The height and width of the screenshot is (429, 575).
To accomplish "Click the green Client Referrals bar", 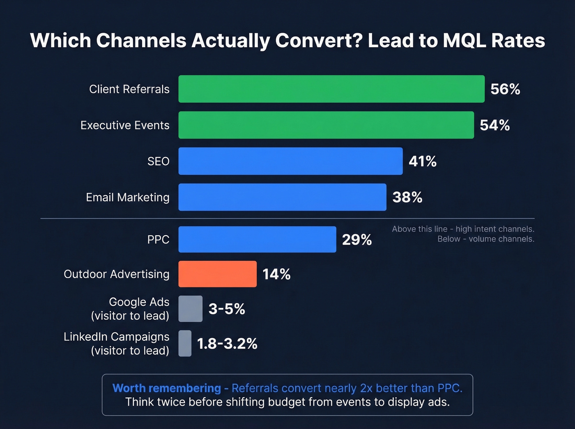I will pyautogui.click(x=331, y=89).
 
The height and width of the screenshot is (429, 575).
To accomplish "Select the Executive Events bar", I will pyautogui.click(x=326, y=125).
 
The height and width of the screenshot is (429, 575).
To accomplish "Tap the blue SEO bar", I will pyautogui.click(x=290, y=161).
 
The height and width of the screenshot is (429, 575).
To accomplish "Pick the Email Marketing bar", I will pyautogui.click(x=282, y=197).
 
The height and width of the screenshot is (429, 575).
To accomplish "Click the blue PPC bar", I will pyautogui.click(x=257, y=239).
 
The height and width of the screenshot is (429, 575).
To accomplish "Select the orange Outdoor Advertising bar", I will pyautogui.click(x=217, y=274).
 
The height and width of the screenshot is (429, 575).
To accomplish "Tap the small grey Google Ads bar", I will pyautogui.click(x=191, y=309).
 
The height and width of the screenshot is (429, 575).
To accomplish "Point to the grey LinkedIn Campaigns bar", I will pyautogui.click(x=185, y=343).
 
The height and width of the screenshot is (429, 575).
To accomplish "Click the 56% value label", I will pyautogui.click(x=505, y=89).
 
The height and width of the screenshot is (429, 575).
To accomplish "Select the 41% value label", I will pyautogui.click(x=422, y=161).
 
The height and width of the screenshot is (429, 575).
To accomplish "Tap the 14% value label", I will pyautogui.click(x=276, y=274).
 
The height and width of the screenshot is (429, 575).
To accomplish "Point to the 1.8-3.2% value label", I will pyautogui.click(x=227, y=344).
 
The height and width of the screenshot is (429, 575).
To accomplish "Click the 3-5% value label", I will pyautogui.click(x=227, y=309).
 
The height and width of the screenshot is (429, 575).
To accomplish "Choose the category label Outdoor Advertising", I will pyautogui.click(x=117, y=274).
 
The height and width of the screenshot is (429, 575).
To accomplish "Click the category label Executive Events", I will pyautogui.click(x=125, y=125).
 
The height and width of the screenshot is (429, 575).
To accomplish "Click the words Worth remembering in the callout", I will pyautogui.click(x=167, y=388).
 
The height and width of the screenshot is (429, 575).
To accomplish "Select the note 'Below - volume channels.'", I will pyautogui.click(x=485, y=239).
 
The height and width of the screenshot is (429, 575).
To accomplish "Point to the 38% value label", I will pyautogui.click(x=407, y=197).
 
